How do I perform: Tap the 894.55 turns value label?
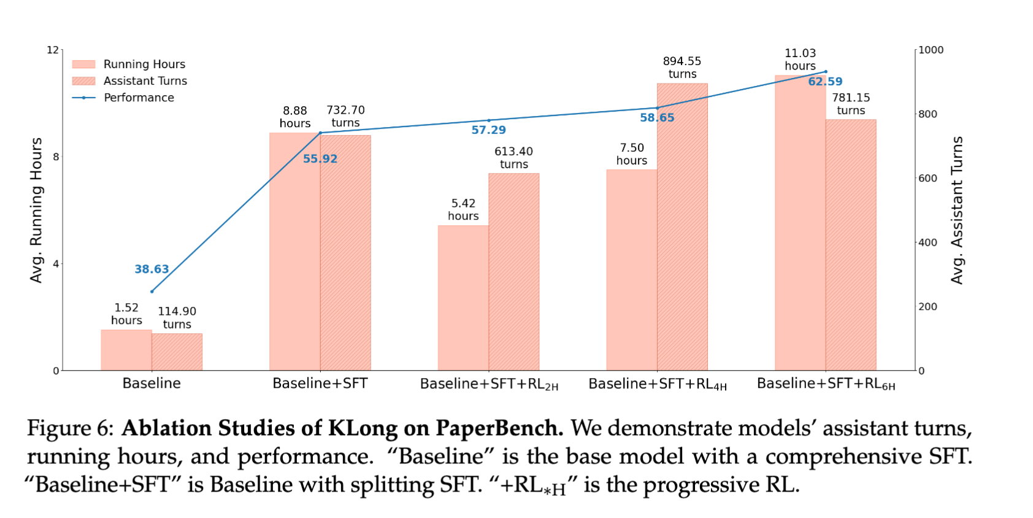click(682, 68)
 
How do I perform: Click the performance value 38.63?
click(152, 269)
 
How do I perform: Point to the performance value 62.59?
click(825, 82)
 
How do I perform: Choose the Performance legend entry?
click(139, 98)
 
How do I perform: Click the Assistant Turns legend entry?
click(145, 81)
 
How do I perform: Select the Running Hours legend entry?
click(144, 64)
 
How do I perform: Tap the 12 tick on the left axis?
click(53, 50)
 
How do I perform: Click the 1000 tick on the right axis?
click(931, 50)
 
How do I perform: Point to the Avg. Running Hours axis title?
click(36, 210)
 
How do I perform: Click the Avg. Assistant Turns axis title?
click(957, 210)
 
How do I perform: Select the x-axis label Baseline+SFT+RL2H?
click(489, 384)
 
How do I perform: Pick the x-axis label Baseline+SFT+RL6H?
click(826, 384)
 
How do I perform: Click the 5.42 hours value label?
click(463, 209)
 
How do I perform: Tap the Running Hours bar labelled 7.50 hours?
click(631, 269)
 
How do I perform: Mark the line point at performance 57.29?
click(489, 120)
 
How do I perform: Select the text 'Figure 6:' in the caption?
click(70, 428)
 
